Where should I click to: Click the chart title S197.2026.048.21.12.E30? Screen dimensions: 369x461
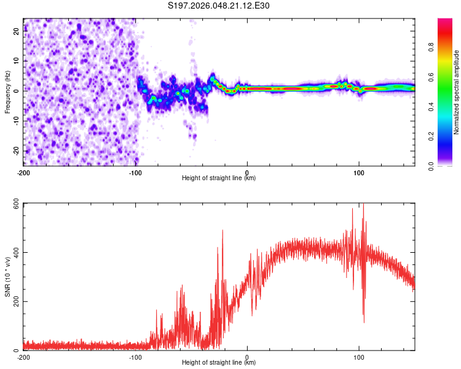tap(219, 6)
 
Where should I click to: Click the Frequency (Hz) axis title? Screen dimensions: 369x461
tap(7, 92)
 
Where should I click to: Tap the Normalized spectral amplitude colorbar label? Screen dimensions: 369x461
tap(457, 92)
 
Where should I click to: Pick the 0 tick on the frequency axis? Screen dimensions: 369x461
tap(17, 92)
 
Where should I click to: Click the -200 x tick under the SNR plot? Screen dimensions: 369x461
tap(23, 357)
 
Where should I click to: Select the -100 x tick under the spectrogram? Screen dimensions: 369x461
tap(135, 172)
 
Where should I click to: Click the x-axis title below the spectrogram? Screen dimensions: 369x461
tap(219, 178)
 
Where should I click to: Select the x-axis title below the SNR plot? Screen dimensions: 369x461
tap(219, 363)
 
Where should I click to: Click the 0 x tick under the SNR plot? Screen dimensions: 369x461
tap(247, 357)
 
